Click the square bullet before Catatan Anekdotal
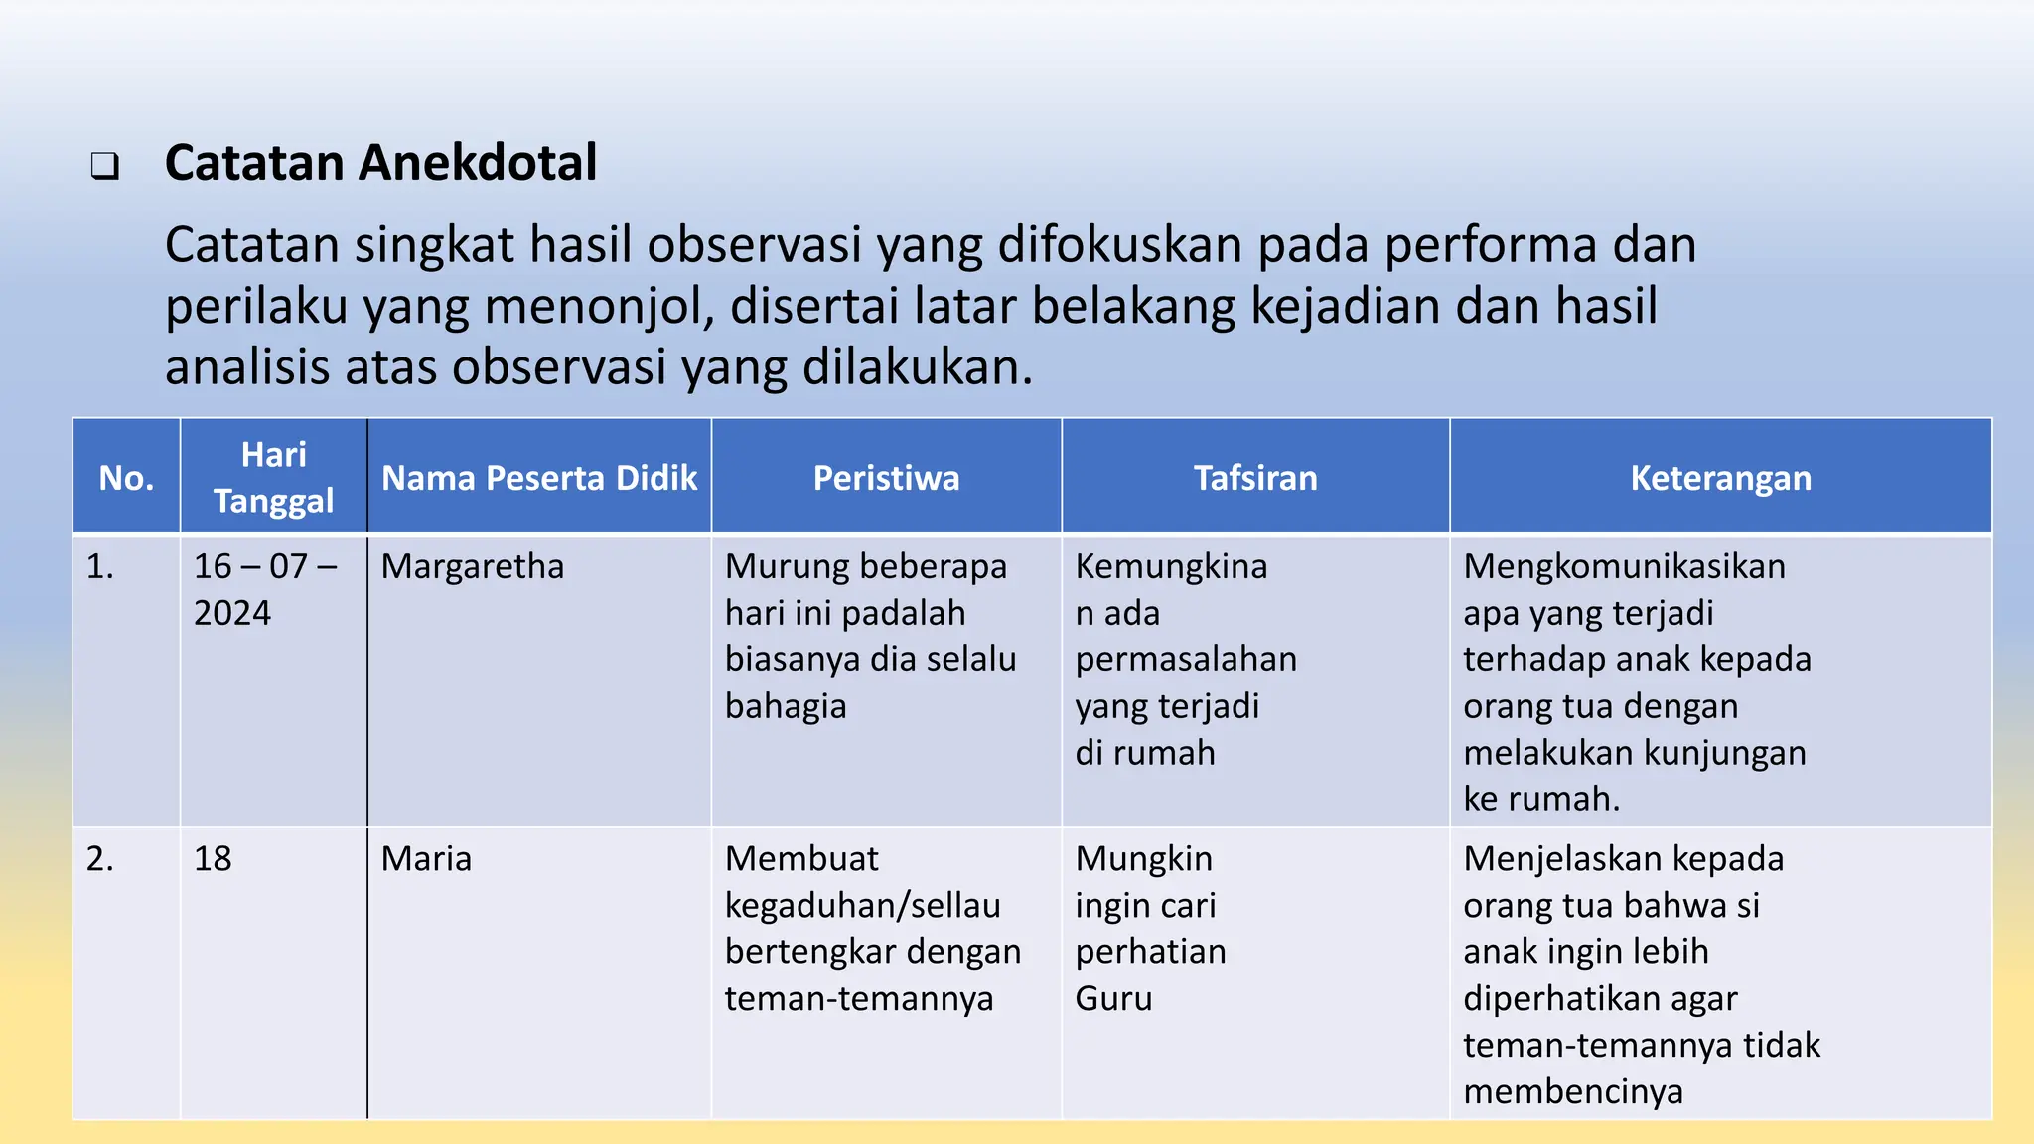click(105, 166)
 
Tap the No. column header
click(126, 478)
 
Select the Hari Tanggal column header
click(273, 478)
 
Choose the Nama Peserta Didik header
click(539, 478)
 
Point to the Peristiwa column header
click(886, 478)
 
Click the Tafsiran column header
click(1255, 478)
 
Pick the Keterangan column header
click(1720, 478)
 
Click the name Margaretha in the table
click(473, 566)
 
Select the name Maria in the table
click(426, 858)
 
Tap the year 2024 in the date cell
click(232, 613)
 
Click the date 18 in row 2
click(213, 858)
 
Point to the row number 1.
click(99, 566)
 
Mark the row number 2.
click(99, 858)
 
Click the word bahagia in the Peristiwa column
click(786, 706)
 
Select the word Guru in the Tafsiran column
click(1113, 998)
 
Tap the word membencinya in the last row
click(1573, 1091)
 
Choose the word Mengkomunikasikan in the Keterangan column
click(1624, 566)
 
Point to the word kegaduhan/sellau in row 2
click(862, 905)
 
